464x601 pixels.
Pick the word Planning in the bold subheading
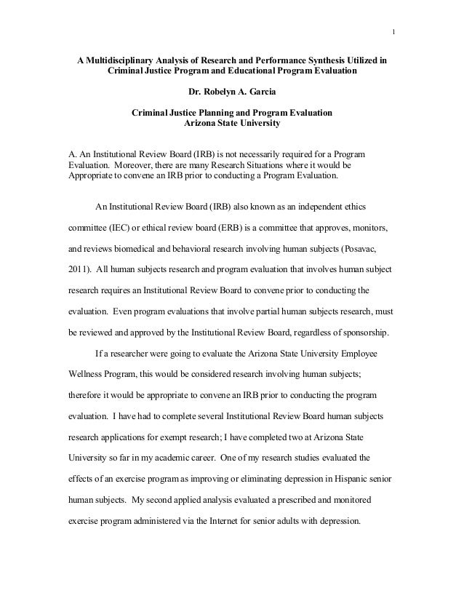click(x=228, y=114)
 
